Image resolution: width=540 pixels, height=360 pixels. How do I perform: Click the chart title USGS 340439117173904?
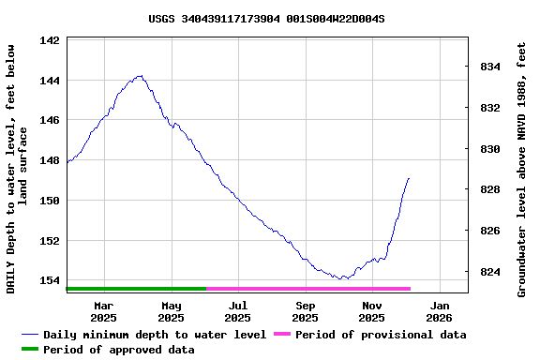click(x=266, y=19)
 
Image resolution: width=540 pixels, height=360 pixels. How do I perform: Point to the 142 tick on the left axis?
click(x=50, y=40)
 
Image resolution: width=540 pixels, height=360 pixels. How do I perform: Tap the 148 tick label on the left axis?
click(x=50, y=160)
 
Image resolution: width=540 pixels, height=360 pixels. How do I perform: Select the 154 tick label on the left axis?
click(x=50, y=280)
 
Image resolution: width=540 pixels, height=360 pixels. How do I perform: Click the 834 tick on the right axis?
click(x=490, y=67)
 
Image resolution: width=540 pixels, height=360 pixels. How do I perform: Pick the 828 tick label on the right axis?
click(x=490, y=189)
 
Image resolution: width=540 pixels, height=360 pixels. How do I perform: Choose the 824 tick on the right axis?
click(x=490, y=272)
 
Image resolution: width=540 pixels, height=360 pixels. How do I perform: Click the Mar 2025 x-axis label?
click(x=104, y=311)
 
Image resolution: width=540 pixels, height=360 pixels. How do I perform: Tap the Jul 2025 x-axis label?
click(x=238, y=311)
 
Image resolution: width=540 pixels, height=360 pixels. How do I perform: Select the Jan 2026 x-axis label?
click(x=440, y=311)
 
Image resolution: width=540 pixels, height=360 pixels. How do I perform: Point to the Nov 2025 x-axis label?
click(x=372, y=311)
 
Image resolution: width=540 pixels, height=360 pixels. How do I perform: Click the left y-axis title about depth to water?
click(x=17, y=167)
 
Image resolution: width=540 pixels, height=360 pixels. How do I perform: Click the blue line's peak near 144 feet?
click(x=140, y=76)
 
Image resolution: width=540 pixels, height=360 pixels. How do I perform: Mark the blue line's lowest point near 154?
click(x=344, y=278)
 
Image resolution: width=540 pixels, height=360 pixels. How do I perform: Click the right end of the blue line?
click(x=409, y=178)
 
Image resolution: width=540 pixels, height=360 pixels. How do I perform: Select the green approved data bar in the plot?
click(x=136, y=289)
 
